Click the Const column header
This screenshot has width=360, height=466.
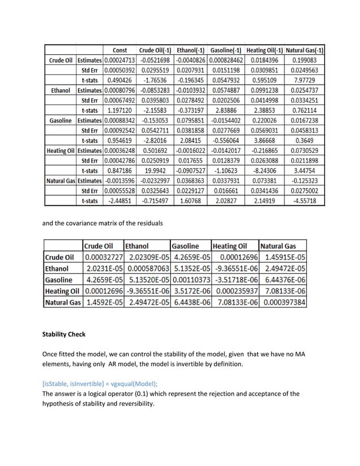tap(120, 50)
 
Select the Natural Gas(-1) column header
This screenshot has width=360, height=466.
tap(304, 50)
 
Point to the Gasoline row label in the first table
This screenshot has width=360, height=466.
tap(60, 121)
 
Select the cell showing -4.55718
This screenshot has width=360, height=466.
tap(304, 200)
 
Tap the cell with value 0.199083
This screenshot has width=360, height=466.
tap(304, 60)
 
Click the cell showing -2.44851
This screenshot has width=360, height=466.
tap(120, 200)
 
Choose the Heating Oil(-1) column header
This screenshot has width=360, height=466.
tap(264, 50)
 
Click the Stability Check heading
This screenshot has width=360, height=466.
tap(64, 335)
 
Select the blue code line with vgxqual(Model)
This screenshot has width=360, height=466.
tap(100, 383)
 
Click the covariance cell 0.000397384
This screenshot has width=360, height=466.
tap(283, 302)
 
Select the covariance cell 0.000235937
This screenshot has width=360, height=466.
tap(234, 291)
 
